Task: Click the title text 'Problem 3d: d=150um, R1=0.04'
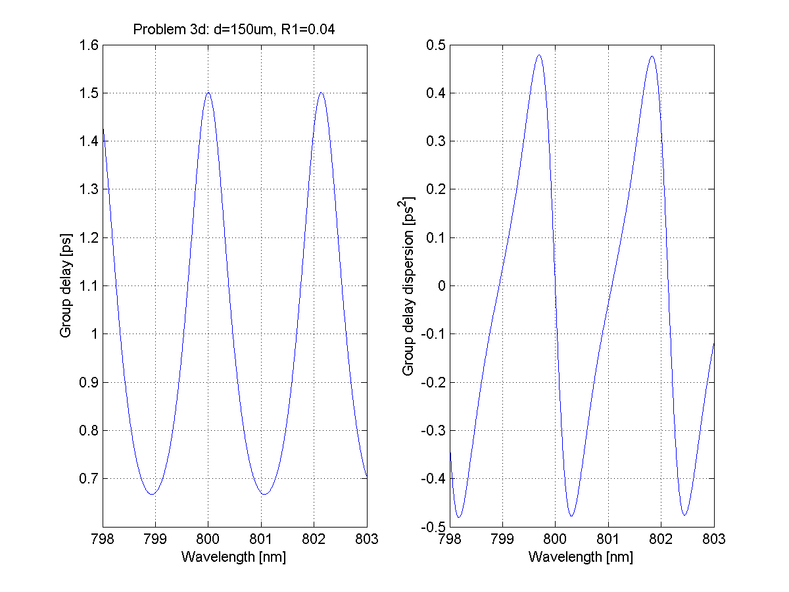tap(235, 29)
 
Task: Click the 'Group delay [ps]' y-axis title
tap(66, 285)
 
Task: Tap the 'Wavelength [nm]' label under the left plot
tap(234, 557)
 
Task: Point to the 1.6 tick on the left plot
tap(89, 45)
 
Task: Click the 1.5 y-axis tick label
tap(89, 93)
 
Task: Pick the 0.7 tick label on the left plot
tap(89, 479)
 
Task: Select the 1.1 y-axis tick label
tap(89, 285)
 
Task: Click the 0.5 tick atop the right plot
tap(436, 45)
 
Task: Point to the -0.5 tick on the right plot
tap(433, 527)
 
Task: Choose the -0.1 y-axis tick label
tap(433, 334)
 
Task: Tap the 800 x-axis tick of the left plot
tap(208, 539)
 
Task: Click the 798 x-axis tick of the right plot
tap(450, 539)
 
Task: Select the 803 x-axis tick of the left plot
tap(366, 539)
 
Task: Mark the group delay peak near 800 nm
tap(208, 93)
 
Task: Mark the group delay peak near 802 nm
tap(321, 93)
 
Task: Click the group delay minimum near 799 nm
tap(153, 494)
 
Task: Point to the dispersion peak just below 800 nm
tap(539, 55)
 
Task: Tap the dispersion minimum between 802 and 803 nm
tap(684, 515)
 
